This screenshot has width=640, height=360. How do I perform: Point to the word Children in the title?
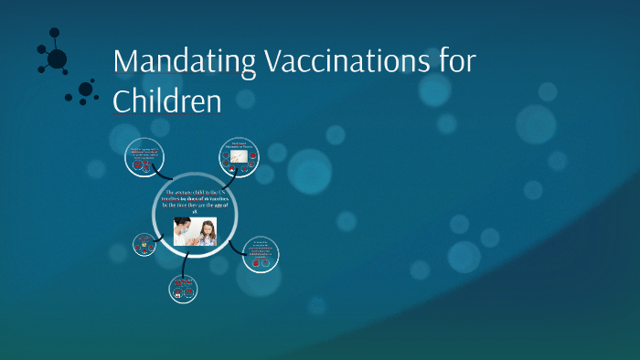pyautogui.click(x=166, y=100)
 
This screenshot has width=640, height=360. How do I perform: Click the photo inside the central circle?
pyautogui.click(x=195, y=232)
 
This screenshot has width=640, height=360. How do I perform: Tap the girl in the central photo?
pyautogui.click(x=207, y=234)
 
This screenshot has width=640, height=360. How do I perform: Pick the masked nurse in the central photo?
pyautogui.click(x=183, y=231)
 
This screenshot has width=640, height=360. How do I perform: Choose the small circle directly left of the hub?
pyautogui.click(x=144, y=244)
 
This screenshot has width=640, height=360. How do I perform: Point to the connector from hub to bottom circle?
pyautogui.click(x=186, y=265)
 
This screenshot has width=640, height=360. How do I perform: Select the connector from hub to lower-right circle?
pyautogui.click(x=236, y=245)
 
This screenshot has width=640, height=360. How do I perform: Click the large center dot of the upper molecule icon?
pyautogui.click(x=57, y=59)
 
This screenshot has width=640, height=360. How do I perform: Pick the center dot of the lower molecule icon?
pyautogui.click(x=86, y=90)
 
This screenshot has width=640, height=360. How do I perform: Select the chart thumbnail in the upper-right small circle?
pyautogui.click(x=240, y=159)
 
